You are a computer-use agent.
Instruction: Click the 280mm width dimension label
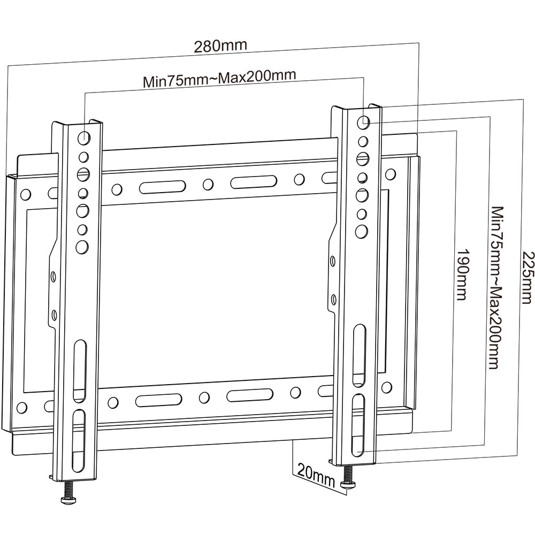tap(220, 45)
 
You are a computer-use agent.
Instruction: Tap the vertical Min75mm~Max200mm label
tap(495, 287)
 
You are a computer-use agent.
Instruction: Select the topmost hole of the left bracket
tap(83, 137)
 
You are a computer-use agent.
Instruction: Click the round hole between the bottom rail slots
tap(203, 398)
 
